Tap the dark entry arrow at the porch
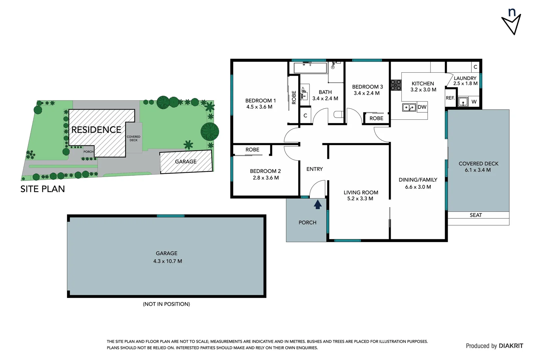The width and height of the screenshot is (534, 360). (x=317, y=204)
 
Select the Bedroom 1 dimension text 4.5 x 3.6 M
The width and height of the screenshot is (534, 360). (x=259, y=107)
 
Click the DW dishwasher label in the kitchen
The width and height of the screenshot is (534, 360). (x=422, y=107)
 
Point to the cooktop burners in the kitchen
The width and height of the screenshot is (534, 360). (x=396, y=85)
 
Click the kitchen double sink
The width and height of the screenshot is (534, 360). (x=409, y=107)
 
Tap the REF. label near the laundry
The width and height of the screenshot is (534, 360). (x=450, y=98)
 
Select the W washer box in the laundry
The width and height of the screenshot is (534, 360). (x=474, y=102)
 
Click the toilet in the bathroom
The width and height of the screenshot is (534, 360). (x=338, y=115)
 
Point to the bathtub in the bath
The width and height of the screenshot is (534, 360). (x=310, y=68)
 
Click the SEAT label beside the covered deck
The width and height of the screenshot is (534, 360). (x=476, y=215)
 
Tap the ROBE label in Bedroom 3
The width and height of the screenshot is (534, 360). (x=376, y=118)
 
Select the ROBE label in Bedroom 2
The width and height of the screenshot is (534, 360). (x=252, y=150)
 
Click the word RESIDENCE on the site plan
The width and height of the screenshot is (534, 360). (x=96, y=130)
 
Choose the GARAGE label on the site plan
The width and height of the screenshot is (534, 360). (x=186, y=162)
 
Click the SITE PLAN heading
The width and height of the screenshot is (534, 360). (x=43, y=189)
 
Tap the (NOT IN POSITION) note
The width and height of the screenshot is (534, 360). (x=166, y=304)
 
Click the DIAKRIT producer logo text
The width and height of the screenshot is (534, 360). (x=511, y=346)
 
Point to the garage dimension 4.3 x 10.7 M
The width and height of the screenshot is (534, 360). (x=168, y=261)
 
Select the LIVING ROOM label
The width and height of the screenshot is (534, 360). (x=361, y=192)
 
